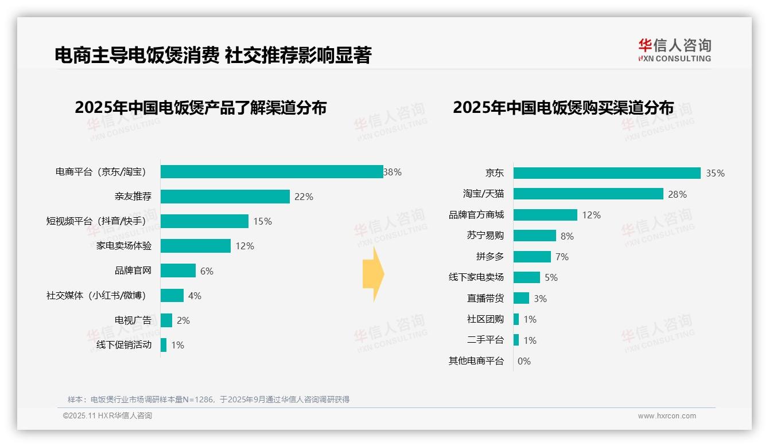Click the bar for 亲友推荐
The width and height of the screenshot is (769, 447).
tap(225, 197)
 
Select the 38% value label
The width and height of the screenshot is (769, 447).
tap(393, 172)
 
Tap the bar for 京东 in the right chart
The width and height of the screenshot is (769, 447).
tap(607, 173)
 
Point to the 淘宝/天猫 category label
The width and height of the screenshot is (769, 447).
tap(483, 194)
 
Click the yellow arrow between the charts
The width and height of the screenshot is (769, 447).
tap(373, 275)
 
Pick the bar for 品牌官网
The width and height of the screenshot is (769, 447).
tap(178, 270)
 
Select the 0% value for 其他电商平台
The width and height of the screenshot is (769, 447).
tap(524, 361)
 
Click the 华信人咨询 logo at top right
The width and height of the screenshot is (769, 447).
tap(674, 50)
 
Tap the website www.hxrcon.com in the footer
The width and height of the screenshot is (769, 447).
tap(667, 416)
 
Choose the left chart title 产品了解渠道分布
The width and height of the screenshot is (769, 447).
tap(200, 108)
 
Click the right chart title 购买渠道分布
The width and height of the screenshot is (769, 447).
tap(563, 108)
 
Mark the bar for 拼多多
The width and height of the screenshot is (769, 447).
tap(532, 257)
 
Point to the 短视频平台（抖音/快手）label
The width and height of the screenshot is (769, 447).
tap(99, 221)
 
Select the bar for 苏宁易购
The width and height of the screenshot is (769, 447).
tap(534, 236)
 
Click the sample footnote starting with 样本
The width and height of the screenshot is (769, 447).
tap(208, 399)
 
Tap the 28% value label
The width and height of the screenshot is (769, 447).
tap(677, 194)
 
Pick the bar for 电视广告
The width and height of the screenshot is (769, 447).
tap(166, 320)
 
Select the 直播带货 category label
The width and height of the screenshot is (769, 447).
tap(485, 299)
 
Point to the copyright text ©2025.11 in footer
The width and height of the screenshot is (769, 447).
tap(107, 416)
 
